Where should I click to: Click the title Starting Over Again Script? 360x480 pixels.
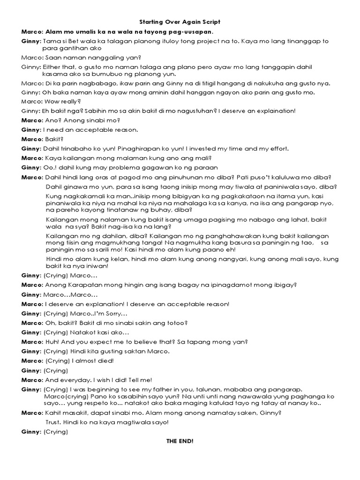pyautogui.click(x=180, y=22)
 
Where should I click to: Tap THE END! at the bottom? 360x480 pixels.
pyautogui.click(x=180, y=441)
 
